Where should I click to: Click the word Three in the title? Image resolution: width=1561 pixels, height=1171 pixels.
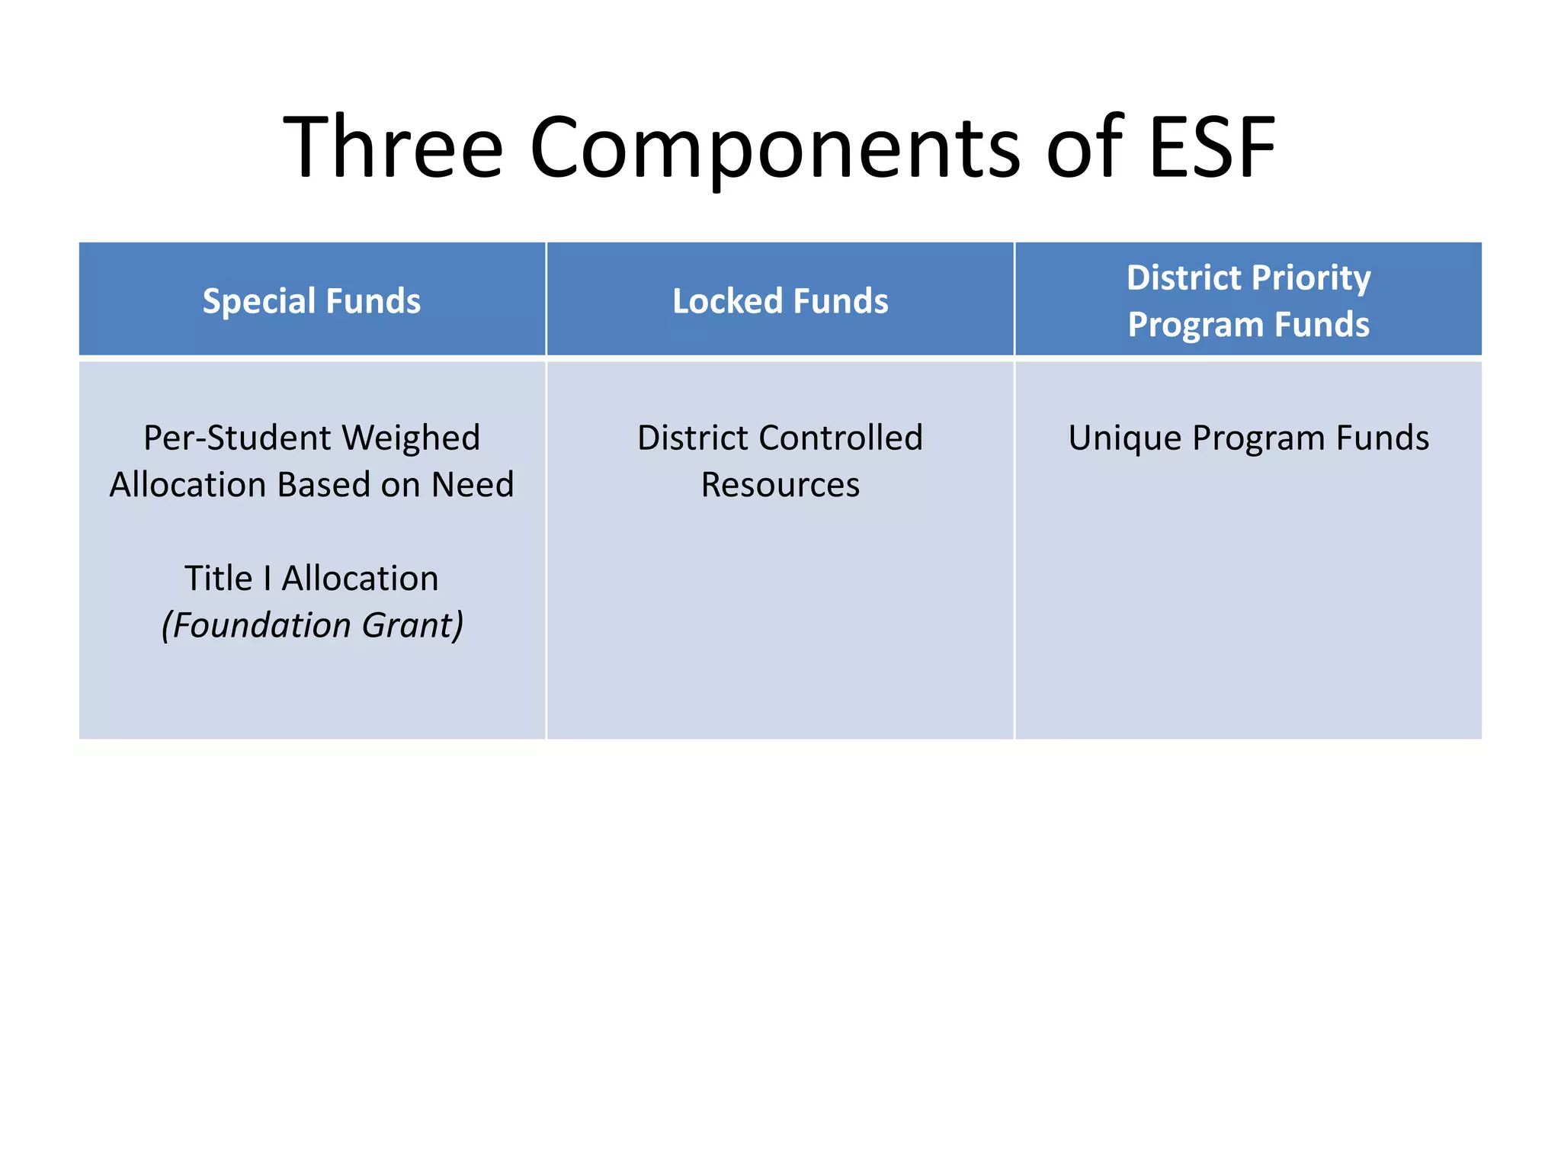393,146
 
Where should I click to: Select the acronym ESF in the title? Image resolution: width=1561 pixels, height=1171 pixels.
1211,146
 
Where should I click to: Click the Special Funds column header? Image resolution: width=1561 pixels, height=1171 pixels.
312,301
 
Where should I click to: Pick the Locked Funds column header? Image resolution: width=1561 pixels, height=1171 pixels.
780,301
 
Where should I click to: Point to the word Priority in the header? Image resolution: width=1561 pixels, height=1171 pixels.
1312,278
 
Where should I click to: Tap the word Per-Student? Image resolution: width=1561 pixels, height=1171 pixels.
237,438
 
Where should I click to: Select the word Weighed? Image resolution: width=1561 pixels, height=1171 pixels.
411,438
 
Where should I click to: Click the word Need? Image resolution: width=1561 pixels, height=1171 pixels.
473,485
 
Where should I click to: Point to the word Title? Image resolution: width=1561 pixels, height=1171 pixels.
218,578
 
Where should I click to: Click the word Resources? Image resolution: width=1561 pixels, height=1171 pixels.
780,485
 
